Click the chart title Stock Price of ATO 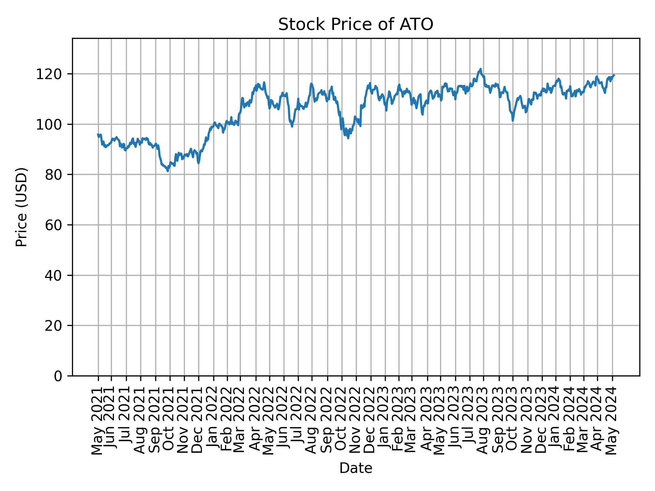click(x=355, y=25)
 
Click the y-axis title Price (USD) click(x=21, y=207)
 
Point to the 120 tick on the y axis click(x=52, y=74)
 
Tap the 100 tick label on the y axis click(x=52, y=124)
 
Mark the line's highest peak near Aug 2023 click(x=480, y=69)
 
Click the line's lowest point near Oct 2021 click(x=168, y=171)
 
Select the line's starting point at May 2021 click(x=98, y=134)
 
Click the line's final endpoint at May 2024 click(x=614, y=75)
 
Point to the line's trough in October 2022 click(x=348, y=138)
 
